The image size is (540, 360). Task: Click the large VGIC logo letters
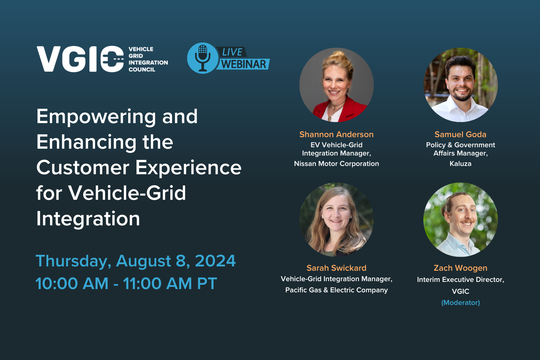tap(80, 59)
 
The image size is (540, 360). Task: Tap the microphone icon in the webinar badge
tap(203, 58)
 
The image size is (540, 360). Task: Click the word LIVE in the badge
tap(232, 52)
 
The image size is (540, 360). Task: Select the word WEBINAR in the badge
tap(244, 64)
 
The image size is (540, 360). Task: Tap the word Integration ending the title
tap(88, 219)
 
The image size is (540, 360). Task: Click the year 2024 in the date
tap(215, 261)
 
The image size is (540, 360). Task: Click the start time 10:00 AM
tap(72, 284)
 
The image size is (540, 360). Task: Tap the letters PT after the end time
tap(207, 284)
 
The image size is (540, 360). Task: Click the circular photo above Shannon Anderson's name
tap(337, 85)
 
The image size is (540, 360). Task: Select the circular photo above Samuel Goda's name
tap(460, 85)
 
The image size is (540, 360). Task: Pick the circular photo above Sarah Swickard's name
tap(337, 220)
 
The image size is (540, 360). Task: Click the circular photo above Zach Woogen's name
tap(460, 220)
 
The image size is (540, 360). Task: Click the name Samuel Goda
tap(460, 135)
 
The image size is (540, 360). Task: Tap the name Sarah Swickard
tap(337, 268)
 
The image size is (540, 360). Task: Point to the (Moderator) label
tap(460, 303)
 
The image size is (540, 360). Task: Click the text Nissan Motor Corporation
tap(337, 164)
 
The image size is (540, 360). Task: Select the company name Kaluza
tap(460, 164)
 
